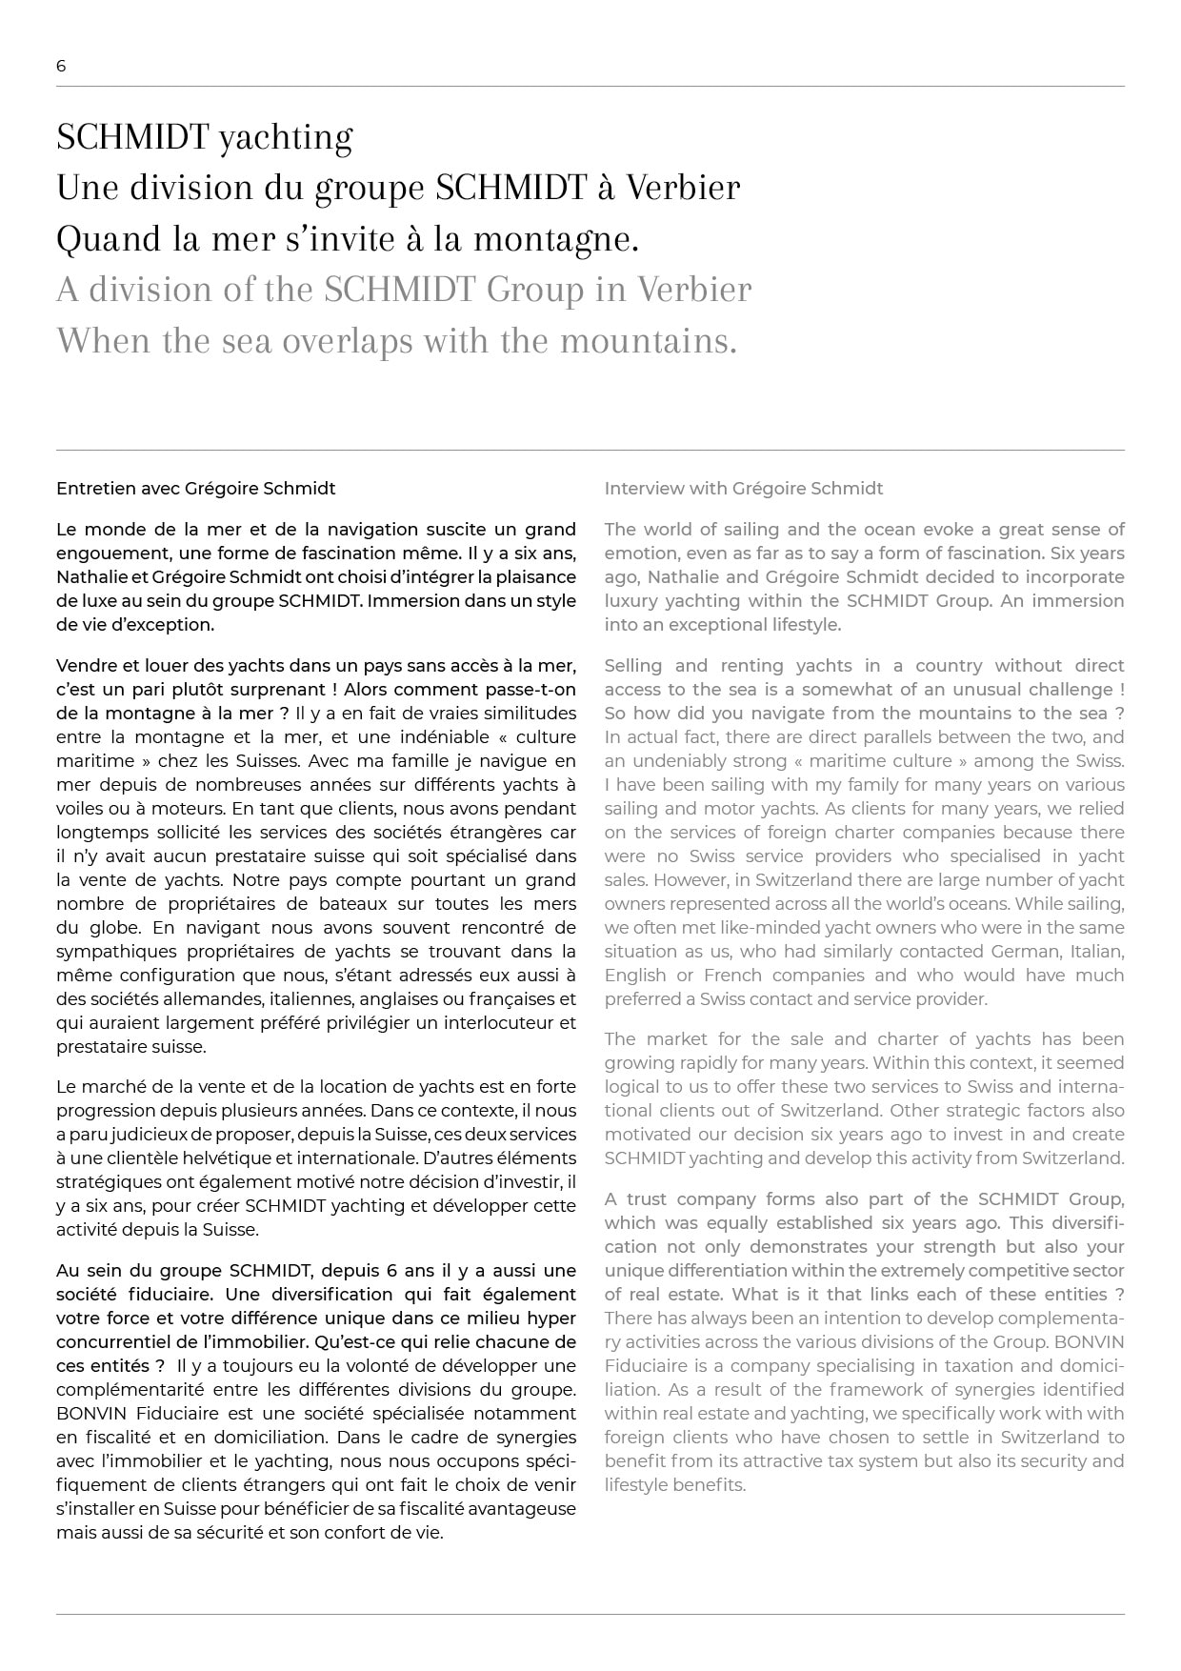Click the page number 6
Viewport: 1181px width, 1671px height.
[61, 66]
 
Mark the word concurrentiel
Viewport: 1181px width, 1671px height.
[113, 1342]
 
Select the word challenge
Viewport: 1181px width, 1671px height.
[1070, 690]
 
